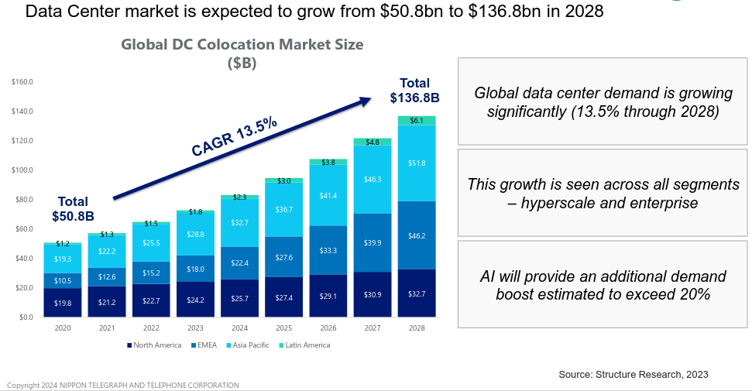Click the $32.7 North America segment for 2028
tap(417, 293)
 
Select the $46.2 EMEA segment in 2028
tap(417, 235)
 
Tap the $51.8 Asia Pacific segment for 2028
tap(417, 163)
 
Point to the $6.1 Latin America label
tap(417, 121)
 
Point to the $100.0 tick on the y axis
tap(22, 170)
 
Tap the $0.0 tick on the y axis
tap(25, 317)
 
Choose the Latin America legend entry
tap(305, 345)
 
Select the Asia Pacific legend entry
tap(247, 345)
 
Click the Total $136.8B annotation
tap(414, 91)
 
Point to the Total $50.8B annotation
tap(73, 208)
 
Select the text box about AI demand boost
tap(602, 285)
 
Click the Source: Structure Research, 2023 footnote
tap(633, 375)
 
